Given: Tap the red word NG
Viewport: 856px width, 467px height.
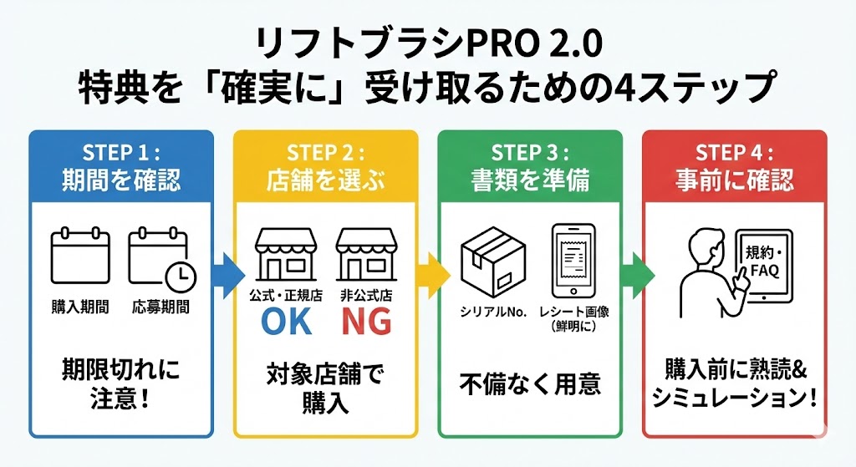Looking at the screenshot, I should [x=365, y=322].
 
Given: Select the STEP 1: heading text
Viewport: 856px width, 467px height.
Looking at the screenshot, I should [x=121, y=153].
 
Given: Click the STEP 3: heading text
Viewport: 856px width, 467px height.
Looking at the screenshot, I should [x=530, y=153].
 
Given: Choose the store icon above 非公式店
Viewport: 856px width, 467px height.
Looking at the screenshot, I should [x=365, y=256].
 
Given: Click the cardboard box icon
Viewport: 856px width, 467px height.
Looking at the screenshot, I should [x=492, y=255].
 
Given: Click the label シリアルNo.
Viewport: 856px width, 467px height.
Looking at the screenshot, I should [x=493, y=311].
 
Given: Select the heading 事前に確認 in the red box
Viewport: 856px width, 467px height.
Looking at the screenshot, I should [x=735, y=179].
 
